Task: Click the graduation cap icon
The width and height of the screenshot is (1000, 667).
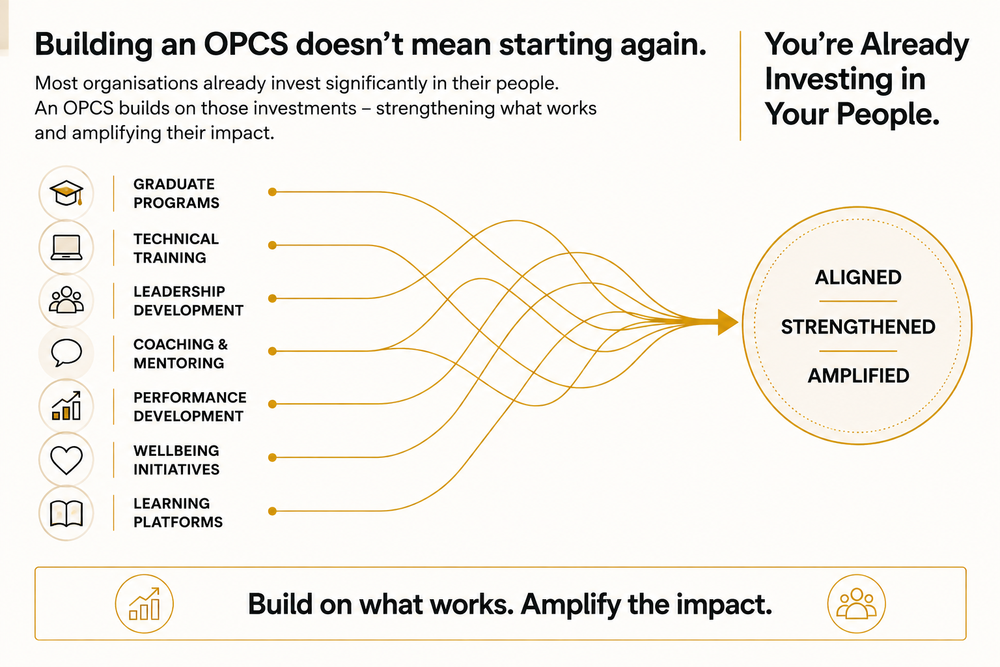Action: (x=66, y=193)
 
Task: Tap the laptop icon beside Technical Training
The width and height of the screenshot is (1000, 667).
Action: (x=66, y=247)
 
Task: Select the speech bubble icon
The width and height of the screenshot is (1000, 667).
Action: (x=66, y=352)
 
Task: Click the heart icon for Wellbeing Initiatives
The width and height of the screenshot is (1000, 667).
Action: (x=66, y=460)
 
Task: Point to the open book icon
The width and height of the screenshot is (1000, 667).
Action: (x=66, y=513)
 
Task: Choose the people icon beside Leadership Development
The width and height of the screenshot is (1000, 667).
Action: (x=66, y=300)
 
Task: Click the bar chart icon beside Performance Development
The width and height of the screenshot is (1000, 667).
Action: (x=66, y=406)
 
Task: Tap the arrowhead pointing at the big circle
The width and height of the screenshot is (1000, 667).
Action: (x=727, y=322)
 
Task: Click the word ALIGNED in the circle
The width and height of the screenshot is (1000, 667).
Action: (x=858, y=277)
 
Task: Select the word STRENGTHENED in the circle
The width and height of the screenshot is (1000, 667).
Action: (x=858, y=327)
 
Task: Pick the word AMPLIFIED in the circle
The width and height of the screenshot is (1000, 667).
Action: (x=858, y=376)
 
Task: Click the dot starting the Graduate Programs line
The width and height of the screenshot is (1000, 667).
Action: (x=272, y=192)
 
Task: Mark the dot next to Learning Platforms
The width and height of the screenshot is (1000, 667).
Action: (x=272, y=511)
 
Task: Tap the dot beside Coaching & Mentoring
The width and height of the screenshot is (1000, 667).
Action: (x=272, y=351)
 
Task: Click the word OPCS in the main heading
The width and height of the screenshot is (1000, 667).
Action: (x=246, y=44)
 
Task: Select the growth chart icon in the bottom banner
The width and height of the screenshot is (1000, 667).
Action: (x=144, y=604)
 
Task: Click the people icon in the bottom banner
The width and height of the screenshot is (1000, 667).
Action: (x=856, y=604)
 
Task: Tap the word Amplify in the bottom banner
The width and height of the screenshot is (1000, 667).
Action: (x=570, y=604)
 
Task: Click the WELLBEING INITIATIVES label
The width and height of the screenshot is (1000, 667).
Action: (x=176, y=460)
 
